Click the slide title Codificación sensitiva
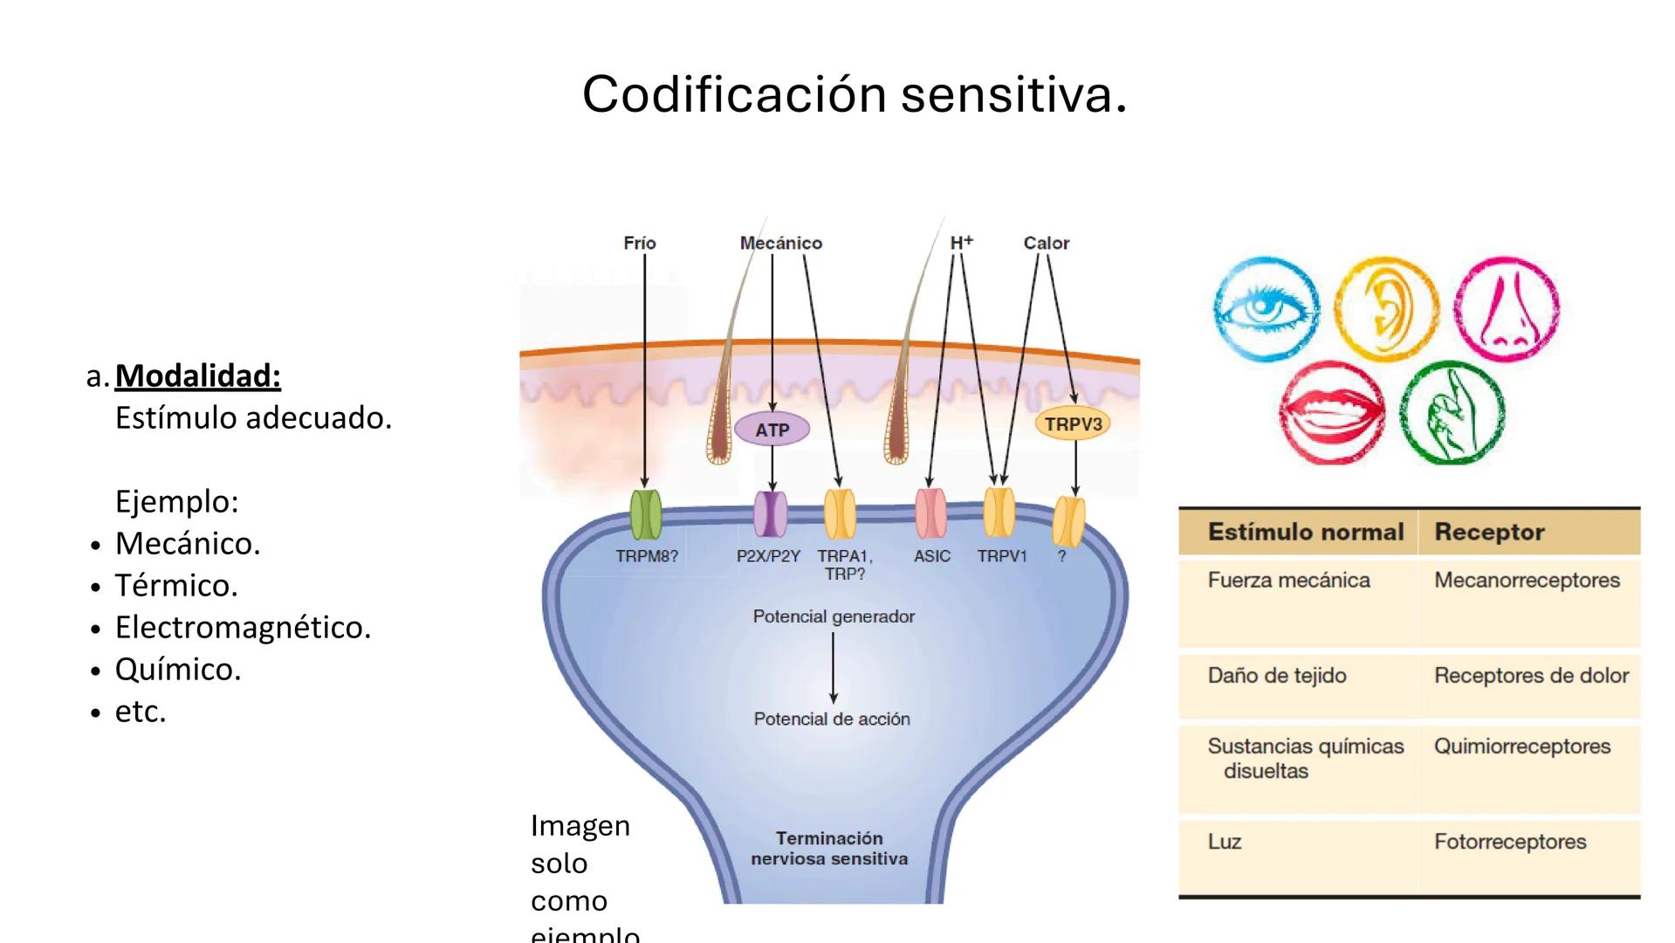click(855, 94)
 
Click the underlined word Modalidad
click(198, 375)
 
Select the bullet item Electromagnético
click(243, 627)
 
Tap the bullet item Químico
click(178, 669)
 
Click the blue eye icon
click(1267, 308)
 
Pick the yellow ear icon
click(1387, 308)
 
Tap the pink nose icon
click(1507, 308)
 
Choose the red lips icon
click(1332, 412)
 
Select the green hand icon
click(1452, 412)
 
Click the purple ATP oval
click(772, 430)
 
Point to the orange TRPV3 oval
click(1073, 424)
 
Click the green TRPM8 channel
click(646, 514)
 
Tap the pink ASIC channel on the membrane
click(930, 513)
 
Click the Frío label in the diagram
click(639, 244)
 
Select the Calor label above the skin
click(1046, 244)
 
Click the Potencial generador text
click(834, 616)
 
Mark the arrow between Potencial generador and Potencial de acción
click(834, 668)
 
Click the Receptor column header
click(1489, 532)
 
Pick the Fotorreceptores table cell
click(1510, 842)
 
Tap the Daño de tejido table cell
click(1277, 675)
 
